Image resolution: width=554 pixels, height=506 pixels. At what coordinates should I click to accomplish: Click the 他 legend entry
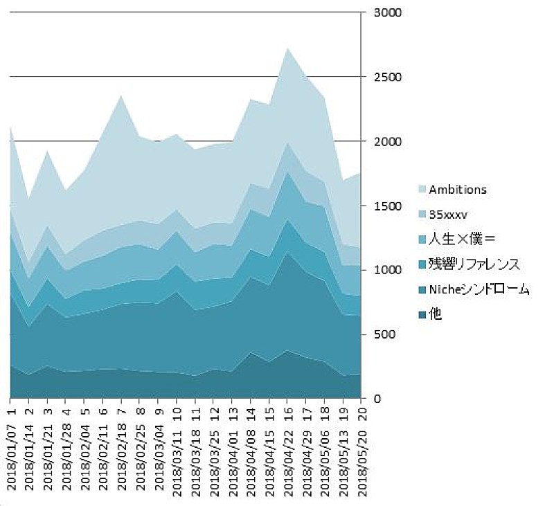point(436,314)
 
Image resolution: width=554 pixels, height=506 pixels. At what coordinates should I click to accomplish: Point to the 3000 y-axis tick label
point(386,13)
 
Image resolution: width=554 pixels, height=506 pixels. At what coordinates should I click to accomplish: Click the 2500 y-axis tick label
point(386,78)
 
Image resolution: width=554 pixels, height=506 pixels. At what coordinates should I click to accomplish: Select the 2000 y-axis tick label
point(386,142)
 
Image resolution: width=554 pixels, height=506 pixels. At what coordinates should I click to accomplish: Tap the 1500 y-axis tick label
point(386,206)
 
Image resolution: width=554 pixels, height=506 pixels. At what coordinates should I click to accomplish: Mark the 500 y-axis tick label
point(384,335)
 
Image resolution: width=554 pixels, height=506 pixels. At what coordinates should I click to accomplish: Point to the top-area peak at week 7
point(122,96)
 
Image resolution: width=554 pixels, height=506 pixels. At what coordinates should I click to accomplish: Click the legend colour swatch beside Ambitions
point(422,189)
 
